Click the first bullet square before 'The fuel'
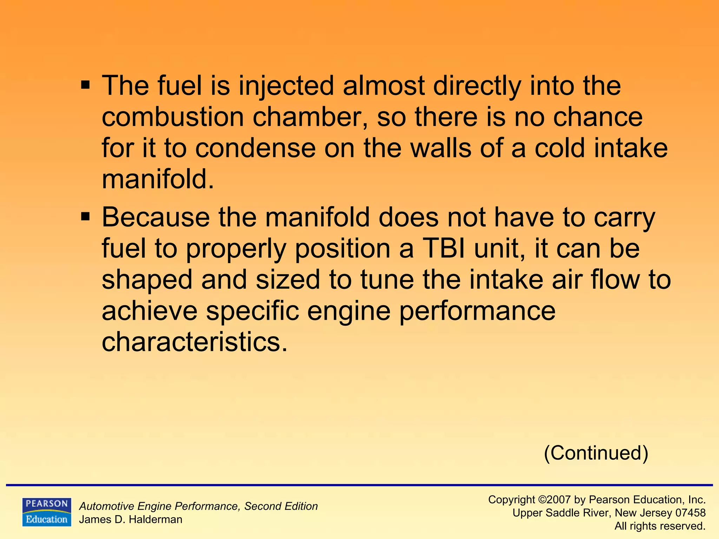[85, 85]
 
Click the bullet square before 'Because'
[85, 217]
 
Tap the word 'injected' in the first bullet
[286, 86]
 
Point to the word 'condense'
[255, 148]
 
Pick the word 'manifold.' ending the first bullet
[158, 179]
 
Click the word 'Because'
[156, 217]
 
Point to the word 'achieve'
[150, 311]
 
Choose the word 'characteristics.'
[194, 342]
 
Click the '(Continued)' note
[596, 453]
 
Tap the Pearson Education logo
[47, 512]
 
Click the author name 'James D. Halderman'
[131, 520]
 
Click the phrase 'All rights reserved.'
[660, 526]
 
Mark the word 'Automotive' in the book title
[107, 506]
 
